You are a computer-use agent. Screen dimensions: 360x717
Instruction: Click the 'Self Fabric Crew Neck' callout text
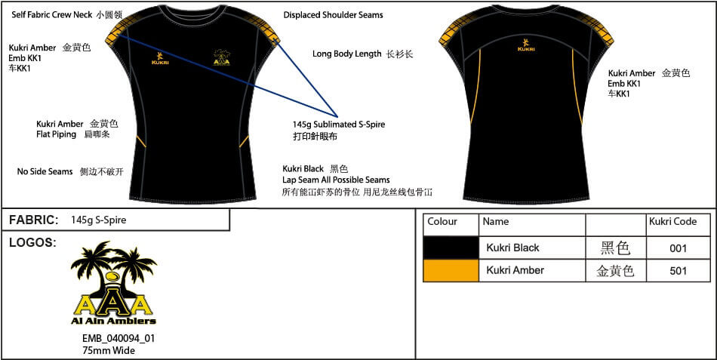pyautogui.click(x=51, y=14)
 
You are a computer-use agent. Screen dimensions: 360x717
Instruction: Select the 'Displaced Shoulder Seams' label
pyautogui.click(x=333, y=14)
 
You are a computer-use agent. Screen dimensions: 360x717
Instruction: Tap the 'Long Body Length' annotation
pyautogui.click(x=346, y=54)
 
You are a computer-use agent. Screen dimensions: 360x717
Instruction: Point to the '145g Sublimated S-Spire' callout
pyautogui.click(x=339, y=125)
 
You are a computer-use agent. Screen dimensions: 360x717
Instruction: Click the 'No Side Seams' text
pyautogui.click(x=45, y=171)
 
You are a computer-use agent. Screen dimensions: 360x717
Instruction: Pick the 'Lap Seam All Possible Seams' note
pyautogui.click(x=336, y=180)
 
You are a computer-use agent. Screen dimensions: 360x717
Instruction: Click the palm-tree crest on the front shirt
pyautogui.click(x=221, y=57)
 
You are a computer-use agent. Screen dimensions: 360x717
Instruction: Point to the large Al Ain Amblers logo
pyautogui.click(x=113, y=283)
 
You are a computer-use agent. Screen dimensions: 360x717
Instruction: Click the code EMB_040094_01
pyautogui.click(x=118, y=338)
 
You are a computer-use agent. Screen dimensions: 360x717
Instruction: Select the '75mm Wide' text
pyautogui.click(x=109, y=349)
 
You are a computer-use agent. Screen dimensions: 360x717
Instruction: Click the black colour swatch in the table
pyautogui.click(x=451, y=248)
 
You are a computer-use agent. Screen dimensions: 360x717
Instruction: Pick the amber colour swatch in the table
pyautogui.click(x=451, y=270)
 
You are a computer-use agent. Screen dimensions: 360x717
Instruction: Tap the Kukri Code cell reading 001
pyautogui.click(x=678, y=248)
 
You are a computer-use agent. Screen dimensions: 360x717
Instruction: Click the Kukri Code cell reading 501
pyautogui.click(x=678, y=270)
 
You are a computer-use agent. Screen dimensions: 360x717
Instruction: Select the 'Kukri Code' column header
pyautogui.click(x=672, y=222)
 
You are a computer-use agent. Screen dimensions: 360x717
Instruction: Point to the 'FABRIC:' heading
pyautogui.click(x=33, y=220)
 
